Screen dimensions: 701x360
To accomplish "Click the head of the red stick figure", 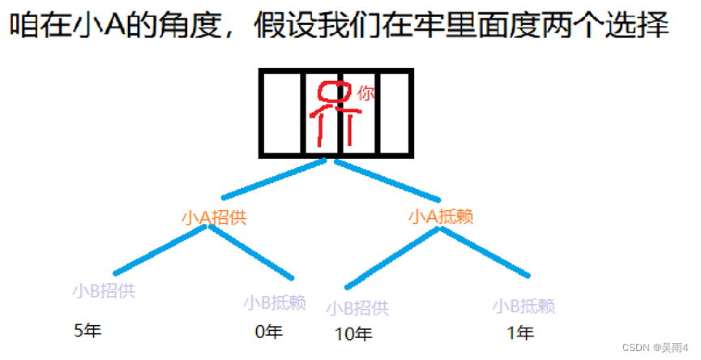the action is tap(328, 92).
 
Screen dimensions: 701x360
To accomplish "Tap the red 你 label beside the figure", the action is tap(366, 94).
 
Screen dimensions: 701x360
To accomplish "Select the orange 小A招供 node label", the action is tap(214, 217).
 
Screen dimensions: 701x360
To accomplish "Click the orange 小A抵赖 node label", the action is tap(441, 216).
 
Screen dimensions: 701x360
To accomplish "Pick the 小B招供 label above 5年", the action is tap(104, 290).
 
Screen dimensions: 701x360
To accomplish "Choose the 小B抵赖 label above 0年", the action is tap(274, 302).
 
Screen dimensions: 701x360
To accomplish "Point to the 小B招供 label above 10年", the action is tap(357, 308).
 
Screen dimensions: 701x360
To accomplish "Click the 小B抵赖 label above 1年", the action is tap(524, 306).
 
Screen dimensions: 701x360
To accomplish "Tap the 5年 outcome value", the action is tap(88, 331).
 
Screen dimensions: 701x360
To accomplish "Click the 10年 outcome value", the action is tap(353, 333).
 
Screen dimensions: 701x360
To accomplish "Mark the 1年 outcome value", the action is tap(520, 332).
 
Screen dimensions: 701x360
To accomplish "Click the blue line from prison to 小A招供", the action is tap(274, 179).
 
